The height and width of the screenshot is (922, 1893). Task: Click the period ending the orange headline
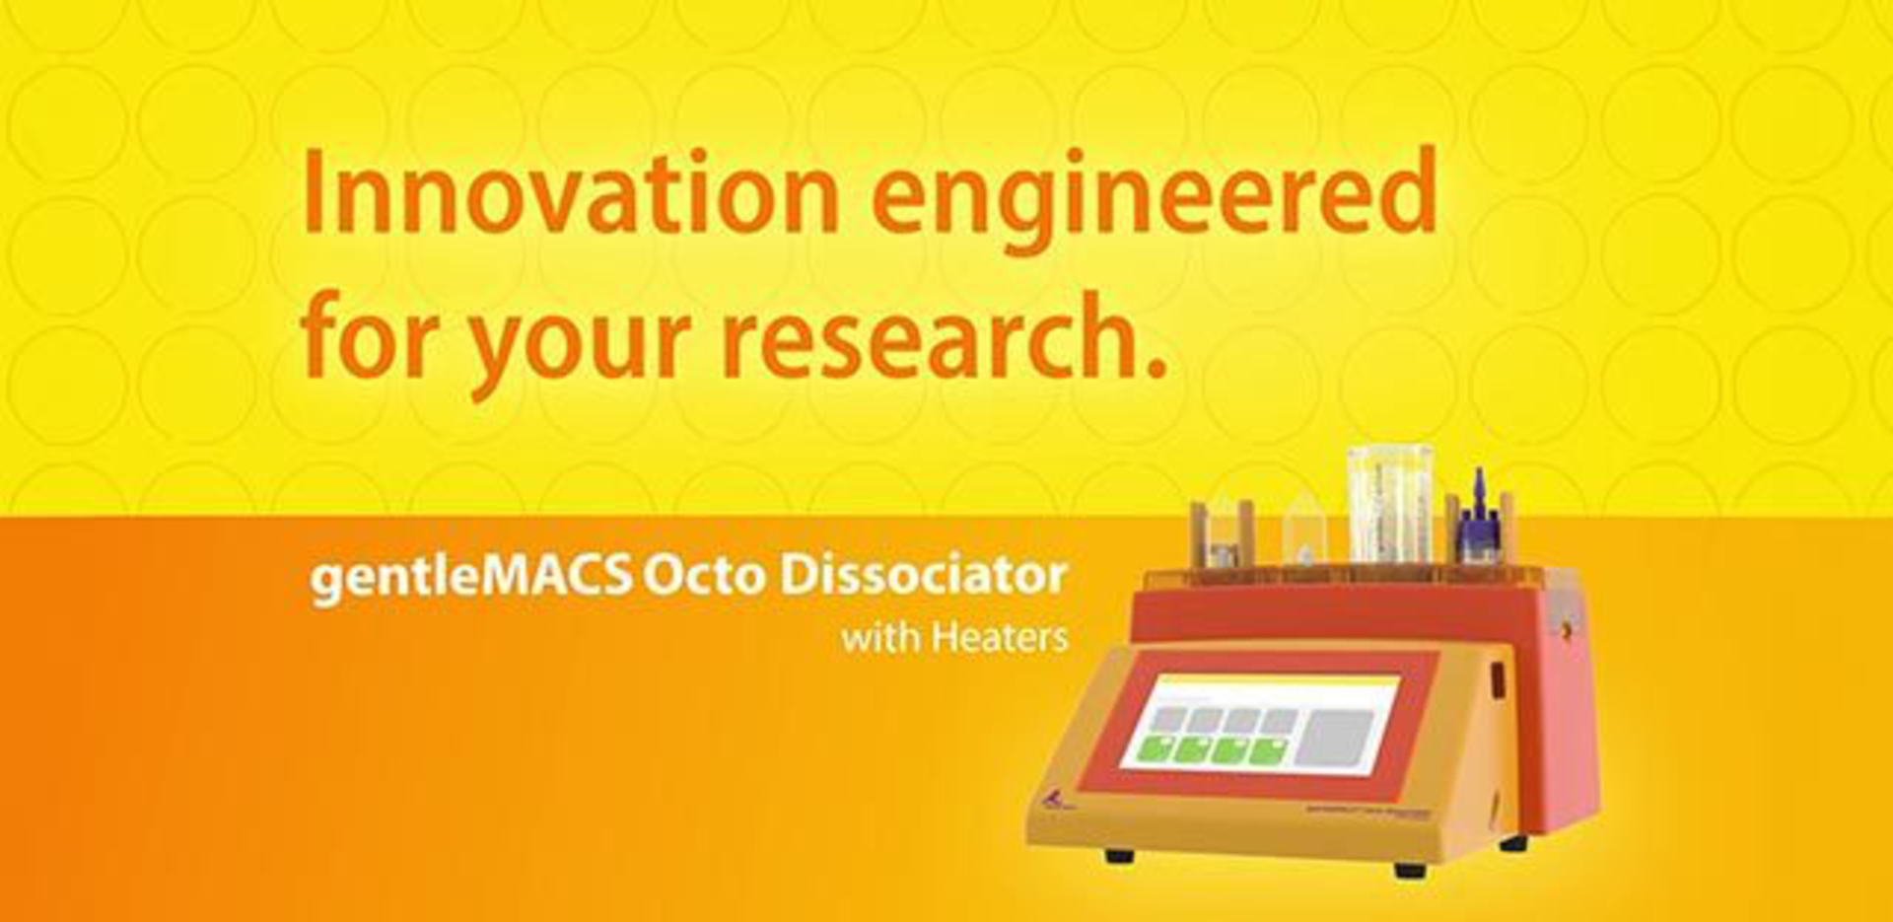pyautogui.click(x=1157, y=369)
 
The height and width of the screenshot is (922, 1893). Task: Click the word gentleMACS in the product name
pyautogui.click(x=470, y=577)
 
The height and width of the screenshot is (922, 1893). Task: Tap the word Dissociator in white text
pyautogui.click(x=923, y=576)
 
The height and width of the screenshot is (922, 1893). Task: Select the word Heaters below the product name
pyautogui.click(x=1000, y=638)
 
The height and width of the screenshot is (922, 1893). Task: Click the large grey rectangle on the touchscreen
pyautogui.click(x=1333, y=738)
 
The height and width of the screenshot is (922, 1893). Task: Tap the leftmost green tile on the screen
pyautogui.click(x=1155, y=750)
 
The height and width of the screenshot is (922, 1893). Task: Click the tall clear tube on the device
pyautogui.click(x=1389, y=503)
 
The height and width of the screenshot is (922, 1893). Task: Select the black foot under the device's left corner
pyautogui.click(x=1119, y=855)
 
